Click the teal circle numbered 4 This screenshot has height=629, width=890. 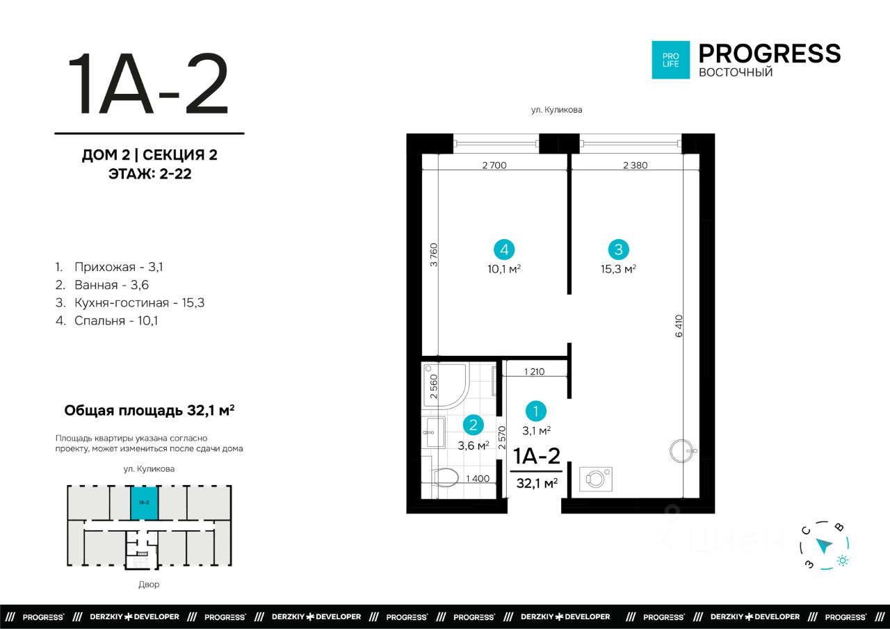[504, 250]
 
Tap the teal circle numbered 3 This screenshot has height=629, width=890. [618, 250]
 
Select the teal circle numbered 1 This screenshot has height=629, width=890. [535, 411]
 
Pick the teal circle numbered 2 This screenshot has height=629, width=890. [474, 425]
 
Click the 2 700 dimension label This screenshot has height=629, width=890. [494, 165]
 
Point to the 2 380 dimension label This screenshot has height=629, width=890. [635, 165]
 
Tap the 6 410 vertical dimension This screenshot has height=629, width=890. [679, 326]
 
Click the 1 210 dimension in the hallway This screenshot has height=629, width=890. [534, 372]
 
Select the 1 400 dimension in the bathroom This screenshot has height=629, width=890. [478, 478]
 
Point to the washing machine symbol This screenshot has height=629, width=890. [596, 479]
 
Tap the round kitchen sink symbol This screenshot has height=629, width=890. [682, 451]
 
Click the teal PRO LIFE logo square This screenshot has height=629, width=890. [671, 60]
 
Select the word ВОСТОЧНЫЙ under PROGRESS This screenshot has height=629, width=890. [736, 72]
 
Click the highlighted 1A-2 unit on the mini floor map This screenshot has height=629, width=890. [144, 503]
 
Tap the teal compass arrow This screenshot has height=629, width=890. [824, 546]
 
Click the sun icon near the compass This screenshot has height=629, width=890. [842, 560]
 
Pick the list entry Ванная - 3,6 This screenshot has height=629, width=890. [102, 285]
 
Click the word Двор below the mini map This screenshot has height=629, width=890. [149, 585]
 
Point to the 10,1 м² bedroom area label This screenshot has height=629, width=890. [504, 269]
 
